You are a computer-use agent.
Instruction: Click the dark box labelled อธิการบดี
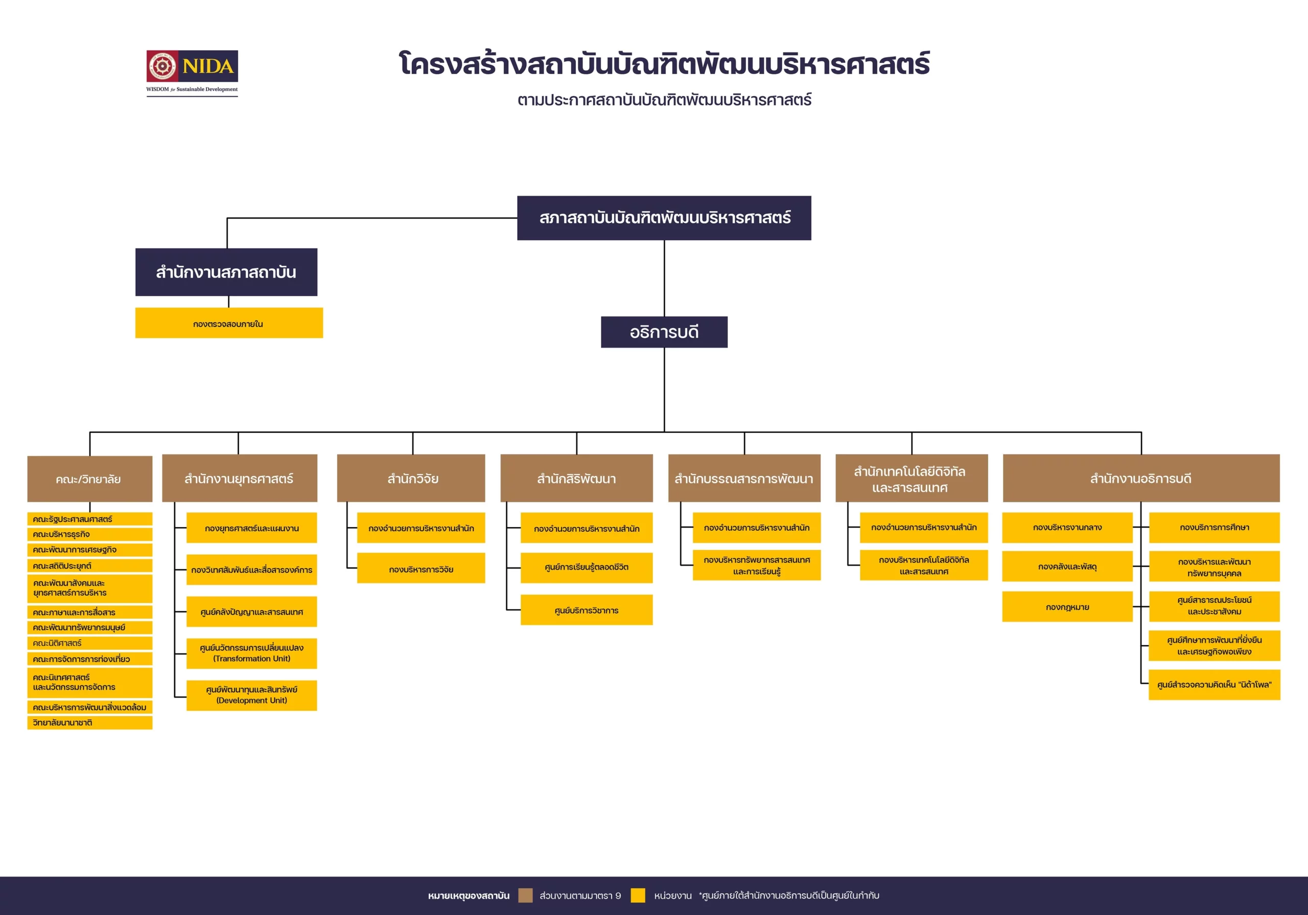[x=664, y=332]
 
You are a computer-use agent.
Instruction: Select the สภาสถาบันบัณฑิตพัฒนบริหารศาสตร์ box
[x=664, y=218]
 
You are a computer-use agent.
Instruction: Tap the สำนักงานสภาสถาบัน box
[x=226, y=272]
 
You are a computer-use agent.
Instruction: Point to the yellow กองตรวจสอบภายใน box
[x=228, y=323]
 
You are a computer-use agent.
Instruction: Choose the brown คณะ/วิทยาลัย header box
[x=89, y=479]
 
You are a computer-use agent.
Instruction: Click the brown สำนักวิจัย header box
[x=411, y=479]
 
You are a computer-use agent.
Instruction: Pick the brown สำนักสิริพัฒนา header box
[x=576, y=479]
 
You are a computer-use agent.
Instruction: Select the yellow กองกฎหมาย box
[x=1067, y=607]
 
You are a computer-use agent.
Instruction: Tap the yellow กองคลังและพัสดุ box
[x=1067, y=567]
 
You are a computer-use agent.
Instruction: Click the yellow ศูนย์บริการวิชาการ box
[x=586, y=610]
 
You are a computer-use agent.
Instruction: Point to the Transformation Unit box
[x=251, y=653]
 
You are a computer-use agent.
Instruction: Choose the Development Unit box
[x=251, y=695]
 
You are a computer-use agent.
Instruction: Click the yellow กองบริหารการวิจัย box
[x=421, y=569]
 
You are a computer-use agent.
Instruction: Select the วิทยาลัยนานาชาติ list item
[x=89, y=722]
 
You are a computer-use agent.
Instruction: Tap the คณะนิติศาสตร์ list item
[x=89, y=643]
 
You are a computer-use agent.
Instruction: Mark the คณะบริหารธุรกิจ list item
[x=89, y=534]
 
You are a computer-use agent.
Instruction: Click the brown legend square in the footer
[x=525, y=895]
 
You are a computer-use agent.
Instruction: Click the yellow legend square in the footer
[x=638, y=895]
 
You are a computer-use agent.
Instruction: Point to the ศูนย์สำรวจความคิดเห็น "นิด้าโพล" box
[x=1214, y=684]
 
